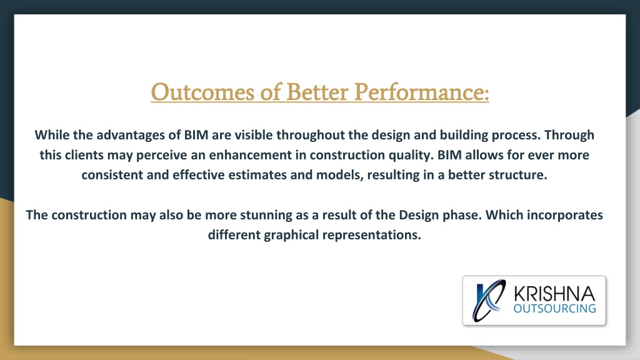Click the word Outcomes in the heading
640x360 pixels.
pyautogui.click(x=203, y=92)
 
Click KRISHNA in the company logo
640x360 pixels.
pyautogui.click(x=554, y=294)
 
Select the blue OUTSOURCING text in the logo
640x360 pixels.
pyautogui.click(x=555, y=309)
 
